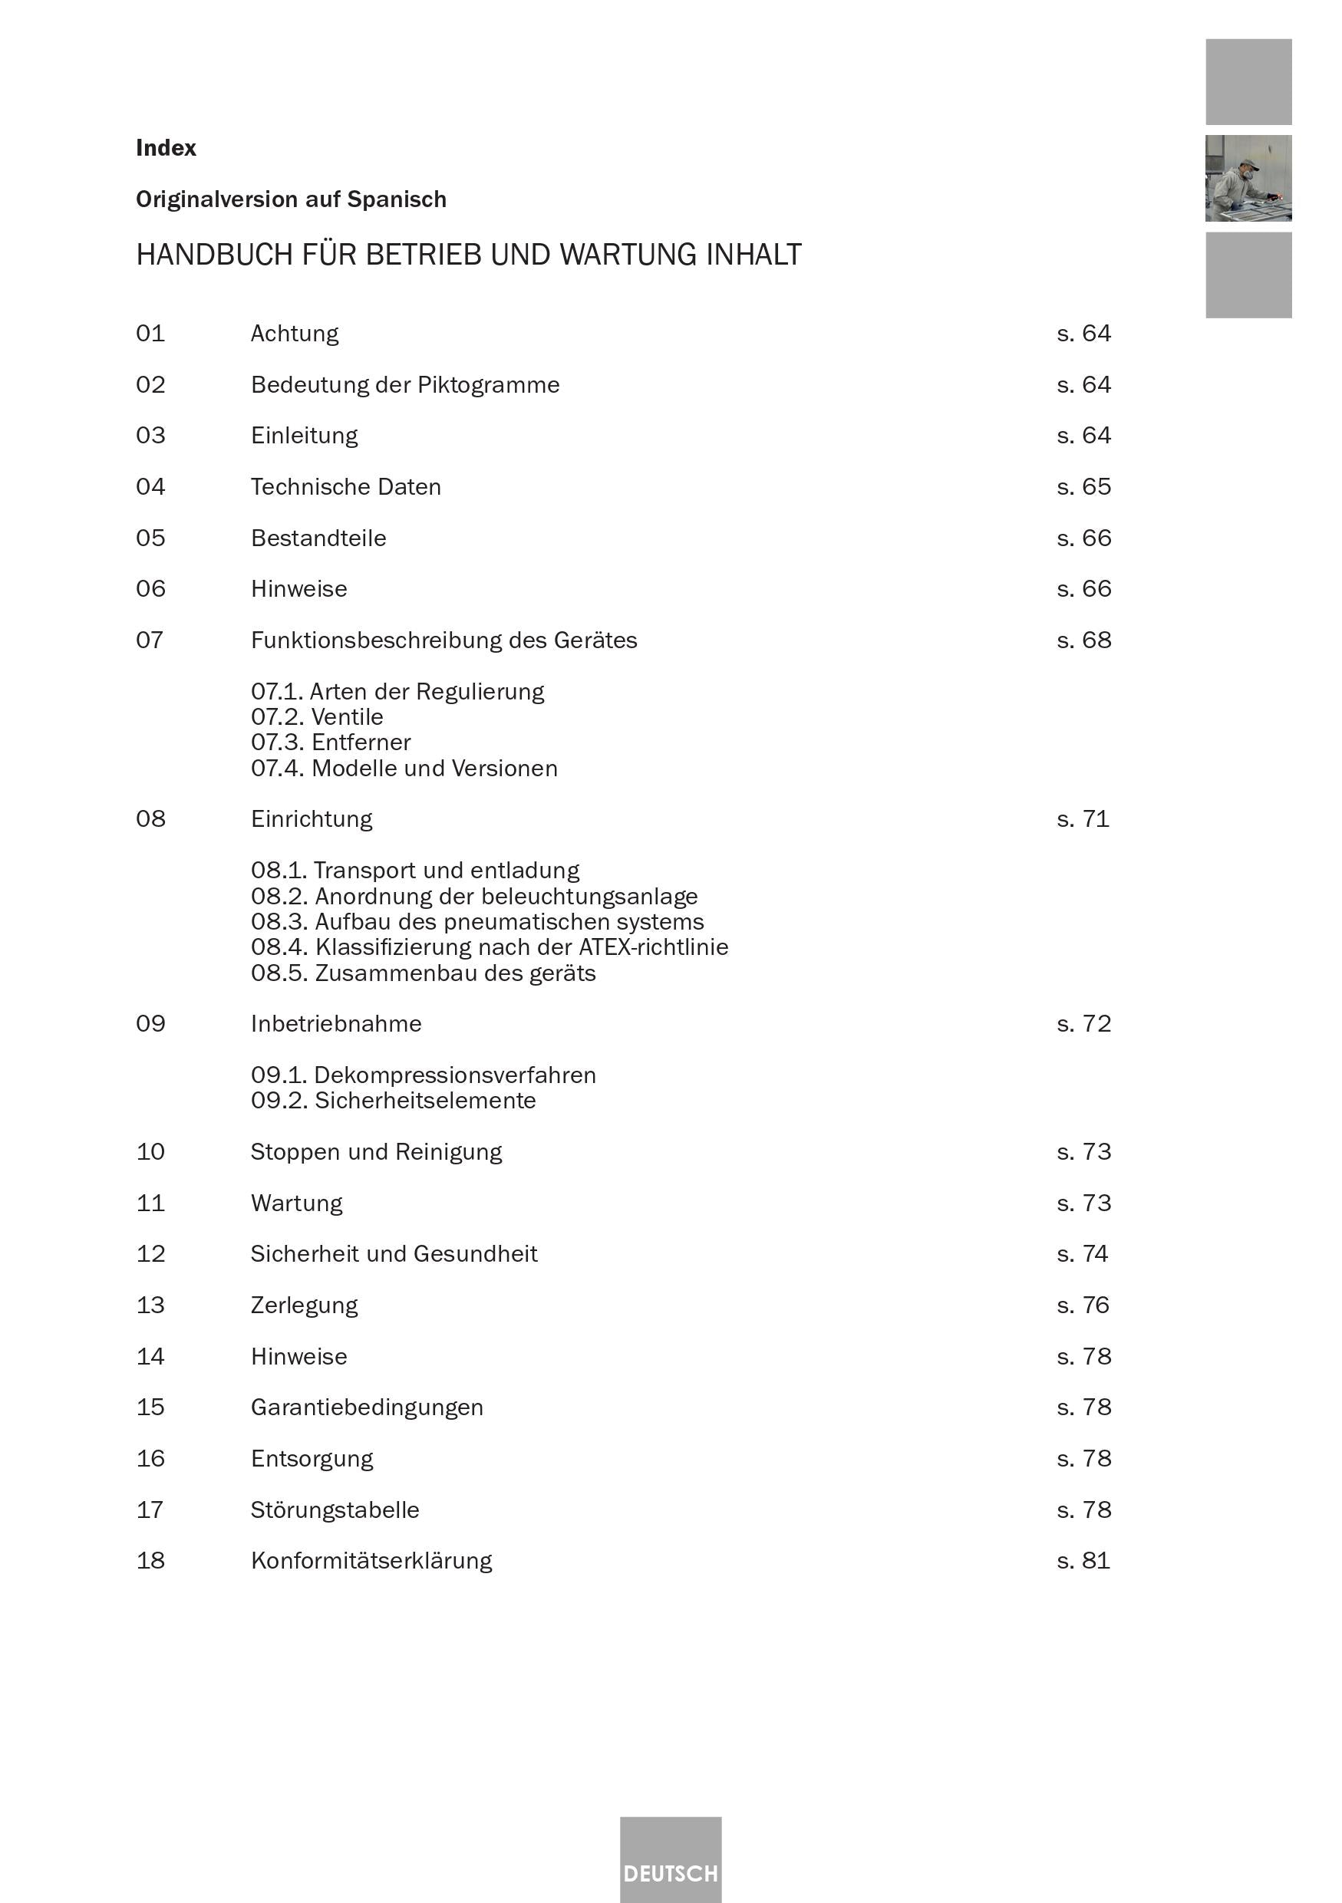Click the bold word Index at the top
pos(166,148)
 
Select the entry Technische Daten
pos(345,487)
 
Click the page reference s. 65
pos(1083,487)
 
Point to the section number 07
pos(149,640)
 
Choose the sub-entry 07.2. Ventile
pos(317,717)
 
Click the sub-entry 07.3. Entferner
pos(331,742)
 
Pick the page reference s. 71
pos(1083,820)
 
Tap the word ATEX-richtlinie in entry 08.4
pos(653,947)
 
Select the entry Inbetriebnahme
pos(336,1025)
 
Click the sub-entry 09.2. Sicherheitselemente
pos(393,1101)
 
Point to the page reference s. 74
pos(1083,1254)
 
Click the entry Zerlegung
pos(304,1305)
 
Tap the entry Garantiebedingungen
pos(366,1407)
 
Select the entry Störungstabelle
pos(335,1510)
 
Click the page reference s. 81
pos(1083,1561)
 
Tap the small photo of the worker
pos(1248,178)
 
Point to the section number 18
pos(150,1561)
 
